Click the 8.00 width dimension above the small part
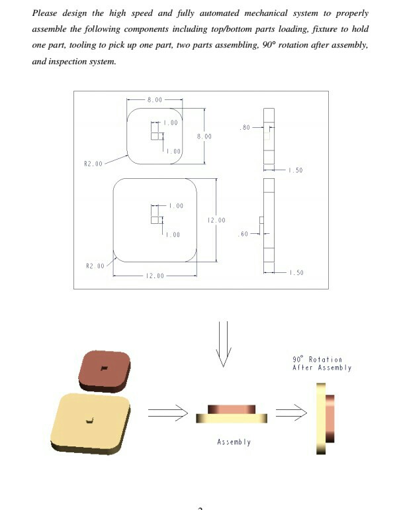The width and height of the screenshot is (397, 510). coord(154,99)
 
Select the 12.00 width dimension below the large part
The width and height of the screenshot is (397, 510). coord(155,276)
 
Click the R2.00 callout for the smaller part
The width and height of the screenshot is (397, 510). coord(93,163)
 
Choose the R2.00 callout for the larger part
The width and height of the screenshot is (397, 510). coord(95,266)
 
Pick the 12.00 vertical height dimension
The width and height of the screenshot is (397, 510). coord(216,220)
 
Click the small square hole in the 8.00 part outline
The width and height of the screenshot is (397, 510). coord(155,136)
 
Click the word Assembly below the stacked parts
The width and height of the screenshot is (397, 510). coord(234,442)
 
